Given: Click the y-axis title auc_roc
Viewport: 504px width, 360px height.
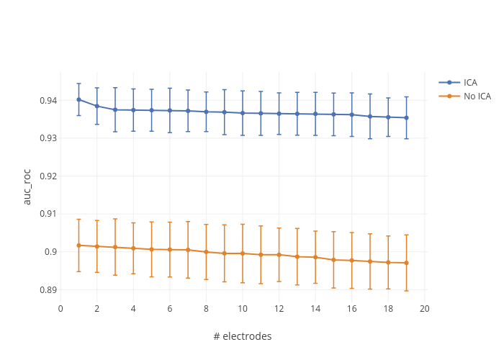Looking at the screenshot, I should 27,187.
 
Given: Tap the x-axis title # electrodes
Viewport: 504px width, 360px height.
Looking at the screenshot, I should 243,336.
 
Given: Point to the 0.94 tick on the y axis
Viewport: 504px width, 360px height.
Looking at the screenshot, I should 48,100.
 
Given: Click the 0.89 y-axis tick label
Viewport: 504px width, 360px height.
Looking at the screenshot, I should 48,289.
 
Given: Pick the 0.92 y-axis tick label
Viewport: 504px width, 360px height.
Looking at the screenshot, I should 48,176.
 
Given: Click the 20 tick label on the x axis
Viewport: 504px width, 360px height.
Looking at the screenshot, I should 424,308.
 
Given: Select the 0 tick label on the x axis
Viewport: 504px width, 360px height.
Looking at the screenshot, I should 60,308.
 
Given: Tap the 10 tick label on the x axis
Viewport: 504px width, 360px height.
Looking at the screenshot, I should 243,308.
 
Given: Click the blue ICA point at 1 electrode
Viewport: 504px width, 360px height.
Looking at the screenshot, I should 78,99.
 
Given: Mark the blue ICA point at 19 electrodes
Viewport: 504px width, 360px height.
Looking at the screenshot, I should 406,117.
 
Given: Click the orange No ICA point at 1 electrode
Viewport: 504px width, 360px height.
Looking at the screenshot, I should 78,246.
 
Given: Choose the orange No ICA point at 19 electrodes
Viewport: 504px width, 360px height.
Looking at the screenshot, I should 406,263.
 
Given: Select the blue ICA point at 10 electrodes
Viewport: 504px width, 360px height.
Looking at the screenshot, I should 243,113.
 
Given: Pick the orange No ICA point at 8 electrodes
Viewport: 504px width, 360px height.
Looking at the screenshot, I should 206,252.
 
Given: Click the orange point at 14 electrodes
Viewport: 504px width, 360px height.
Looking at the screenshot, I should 315,257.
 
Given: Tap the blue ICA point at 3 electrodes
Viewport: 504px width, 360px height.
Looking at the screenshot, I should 115,109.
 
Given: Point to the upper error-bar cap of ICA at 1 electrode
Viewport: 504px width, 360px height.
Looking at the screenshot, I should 78,84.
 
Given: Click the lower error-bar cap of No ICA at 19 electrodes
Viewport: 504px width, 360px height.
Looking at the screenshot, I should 406,291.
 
